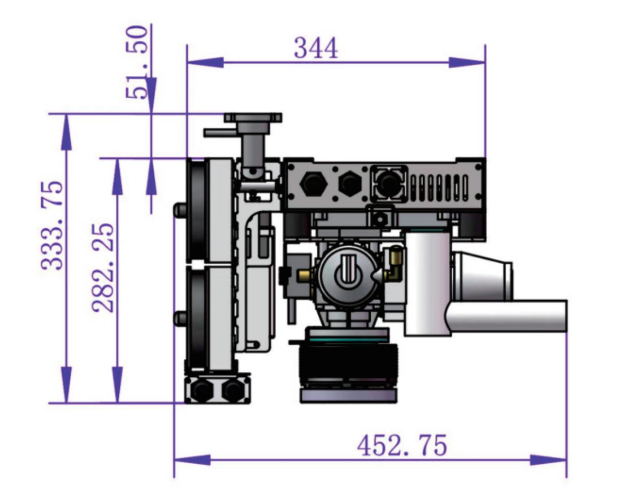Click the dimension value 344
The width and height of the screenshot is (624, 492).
click(316, 48)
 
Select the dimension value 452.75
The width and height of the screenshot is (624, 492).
click(402, 445)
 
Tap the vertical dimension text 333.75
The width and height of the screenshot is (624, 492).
click(52, 225)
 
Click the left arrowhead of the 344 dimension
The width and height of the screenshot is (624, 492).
click(204, 62)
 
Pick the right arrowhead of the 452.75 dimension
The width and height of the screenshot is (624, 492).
click(549, 460)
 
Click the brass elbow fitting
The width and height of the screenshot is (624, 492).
click(394, 264)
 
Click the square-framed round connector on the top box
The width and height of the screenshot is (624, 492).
click(388, 183)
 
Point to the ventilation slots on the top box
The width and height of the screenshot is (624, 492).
click(439, 187)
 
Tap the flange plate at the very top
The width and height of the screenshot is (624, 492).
click(253, 118)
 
